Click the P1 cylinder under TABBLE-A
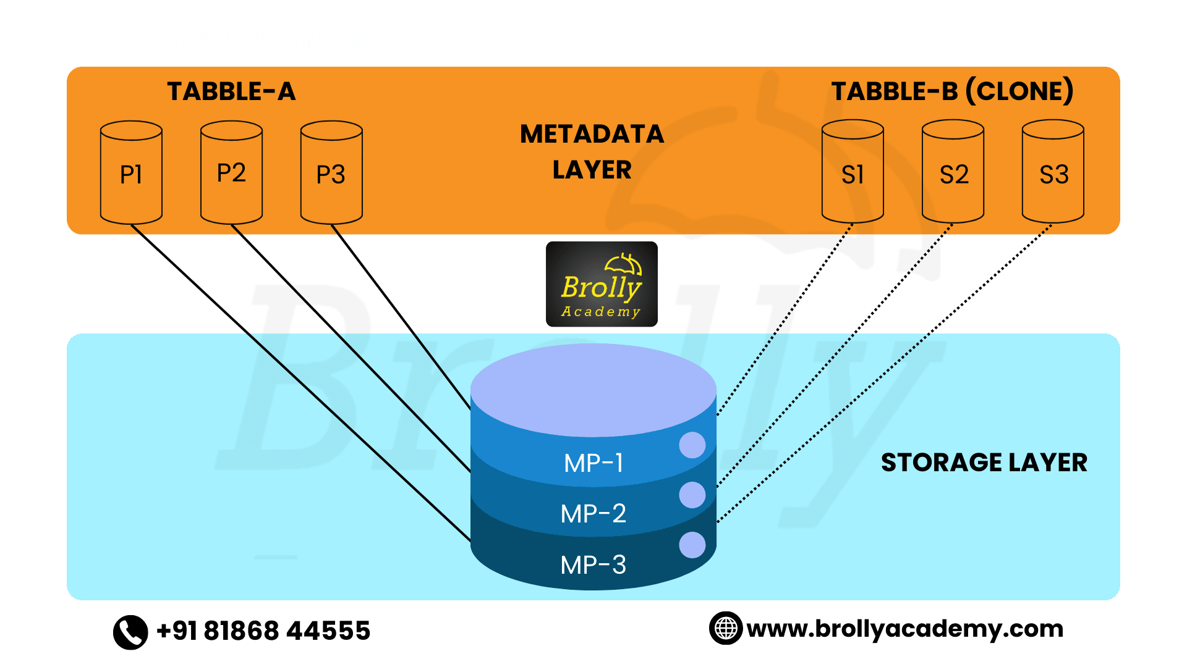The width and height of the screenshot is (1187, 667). click(x=131, y=172)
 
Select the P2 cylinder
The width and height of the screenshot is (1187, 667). click(x=231, y=172)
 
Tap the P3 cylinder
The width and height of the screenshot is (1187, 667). click(x=331, y=172)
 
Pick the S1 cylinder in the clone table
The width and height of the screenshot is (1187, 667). click(x=853, y=172)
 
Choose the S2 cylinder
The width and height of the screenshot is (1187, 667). click(x=953, y=172)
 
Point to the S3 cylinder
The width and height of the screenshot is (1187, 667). click(x=1053, y=172)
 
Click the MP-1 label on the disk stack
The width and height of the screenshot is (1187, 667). click(x=593, y=463)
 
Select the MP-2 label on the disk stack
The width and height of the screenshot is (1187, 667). click(x=593, y=514)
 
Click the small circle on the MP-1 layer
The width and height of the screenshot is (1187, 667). click(x=692, y=445)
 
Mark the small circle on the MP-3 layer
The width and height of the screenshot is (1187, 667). click(x=692, y=545)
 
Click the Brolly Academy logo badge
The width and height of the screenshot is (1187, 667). click(x=602, y=284)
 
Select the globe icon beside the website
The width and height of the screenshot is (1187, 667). click(x=726, y=629)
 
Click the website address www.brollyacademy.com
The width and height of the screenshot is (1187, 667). click(x=904, y=629)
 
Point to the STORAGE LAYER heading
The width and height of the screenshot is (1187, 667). click(x=984, y=463)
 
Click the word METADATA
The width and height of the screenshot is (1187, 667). click(x=592, y=134)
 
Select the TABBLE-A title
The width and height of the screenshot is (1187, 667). click(x=231, y=91)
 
